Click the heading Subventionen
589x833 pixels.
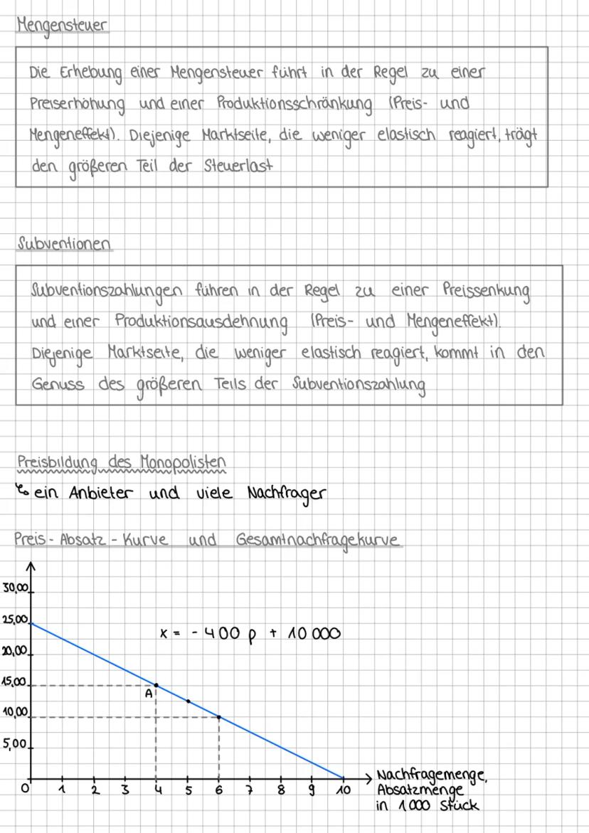pyautogui.click(x=64, y=244)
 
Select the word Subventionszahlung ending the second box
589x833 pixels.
pyautogui.click(x=359, y=384)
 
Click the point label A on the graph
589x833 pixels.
pyautogui.click(x=149, y=694)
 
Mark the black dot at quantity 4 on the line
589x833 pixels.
pyautogui.click(x=156, y=686)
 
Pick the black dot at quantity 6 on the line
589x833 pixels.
pyautogui.click(x=218, y=717)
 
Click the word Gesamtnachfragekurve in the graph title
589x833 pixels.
pyautogui.click(x=318, y=540)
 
